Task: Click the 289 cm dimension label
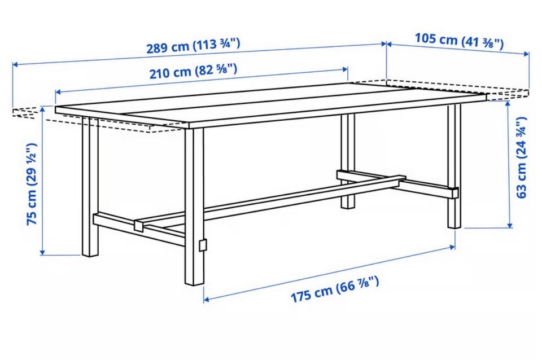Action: (193, 46)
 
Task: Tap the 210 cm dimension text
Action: (193, 71)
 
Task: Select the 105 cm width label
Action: (459, 40)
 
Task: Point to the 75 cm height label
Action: (32, 184)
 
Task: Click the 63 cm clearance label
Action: (521, 157)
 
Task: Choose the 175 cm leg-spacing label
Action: (335, 289)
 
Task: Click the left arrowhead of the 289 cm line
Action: (15, 64)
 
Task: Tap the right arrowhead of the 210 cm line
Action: (345, 69)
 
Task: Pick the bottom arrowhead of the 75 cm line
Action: (42, 252)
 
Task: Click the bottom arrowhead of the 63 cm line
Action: (509, 225)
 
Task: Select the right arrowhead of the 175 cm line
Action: (452, 247)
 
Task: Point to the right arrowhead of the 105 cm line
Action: (526, 54)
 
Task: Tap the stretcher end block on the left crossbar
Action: (139, 225)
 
